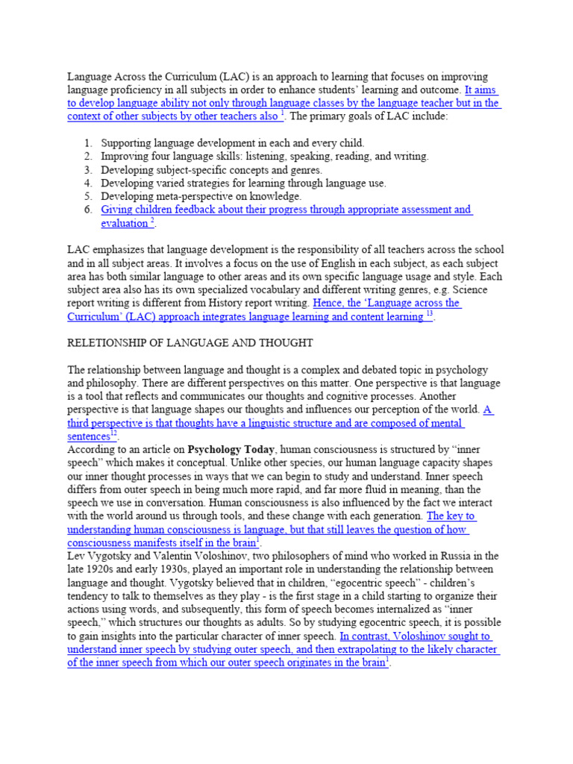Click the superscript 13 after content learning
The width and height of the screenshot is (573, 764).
[x=429, y=314]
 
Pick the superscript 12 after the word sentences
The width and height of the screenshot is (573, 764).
[x=114, y=433]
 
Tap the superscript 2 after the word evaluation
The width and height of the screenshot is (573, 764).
[x=152, y=221]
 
